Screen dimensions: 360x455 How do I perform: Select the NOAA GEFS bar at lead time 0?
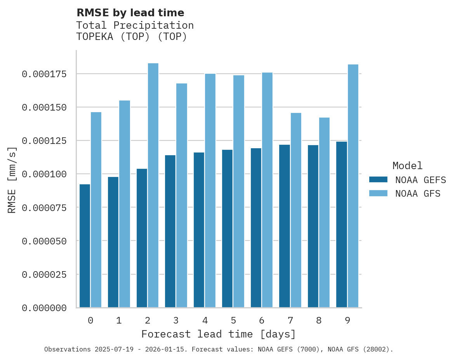point(85,246)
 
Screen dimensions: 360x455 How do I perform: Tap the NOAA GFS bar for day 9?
point(353,186)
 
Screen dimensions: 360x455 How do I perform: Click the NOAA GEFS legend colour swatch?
point(378,180)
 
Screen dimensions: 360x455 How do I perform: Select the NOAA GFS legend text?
point(418,193)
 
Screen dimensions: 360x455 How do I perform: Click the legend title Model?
point(407,166)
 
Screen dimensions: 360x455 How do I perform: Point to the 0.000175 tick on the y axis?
point(44,74)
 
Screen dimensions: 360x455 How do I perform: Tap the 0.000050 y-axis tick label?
point(44,241)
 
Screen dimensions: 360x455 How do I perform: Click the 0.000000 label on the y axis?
point(44,308)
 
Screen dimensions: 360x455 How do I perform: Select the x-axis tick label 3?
point(176,320)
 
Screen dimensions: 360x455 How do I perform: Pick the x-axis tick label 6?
point(262,320)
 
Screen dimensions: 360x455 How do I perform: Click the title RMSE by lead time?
point(130,13)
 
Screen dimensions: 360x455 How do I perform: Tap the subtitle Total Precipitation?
point(135,25)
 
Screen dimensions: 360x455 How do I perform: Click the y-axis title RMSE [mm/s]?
point(12,180)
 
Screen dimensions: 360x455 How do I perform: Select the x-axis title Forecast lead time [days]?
point(219,334)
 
